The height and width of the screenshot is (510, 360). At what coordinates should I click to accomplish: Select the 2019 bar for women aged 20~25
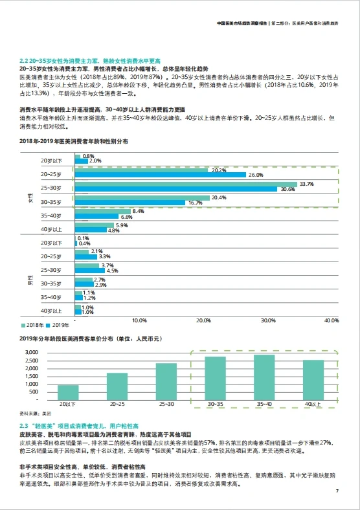(161, 175)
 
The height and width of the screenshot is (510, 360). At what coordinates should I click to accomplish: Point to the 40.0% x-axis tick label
(332, 320)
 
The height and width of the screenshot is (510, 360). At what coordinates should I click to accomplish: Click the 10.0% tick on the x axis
(139, 320)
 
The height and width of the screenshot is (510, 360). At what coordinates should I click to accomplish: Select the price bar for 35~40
(264, 377)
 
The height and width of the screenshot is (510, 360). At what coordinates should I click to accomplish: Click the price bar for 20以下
(68, 392)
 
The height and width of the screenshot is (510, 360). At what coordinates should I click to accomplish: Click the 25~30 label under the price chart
(166, 404)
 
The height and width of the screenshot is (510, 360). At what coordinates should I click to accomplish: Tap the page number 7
(337, 491)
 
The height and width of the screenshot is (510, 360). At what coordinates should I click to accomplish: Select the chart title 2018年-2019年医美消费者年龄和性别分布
(74, 140)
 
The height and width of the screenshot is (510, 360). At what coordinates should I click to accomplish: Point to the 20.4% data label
(219, 197)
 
